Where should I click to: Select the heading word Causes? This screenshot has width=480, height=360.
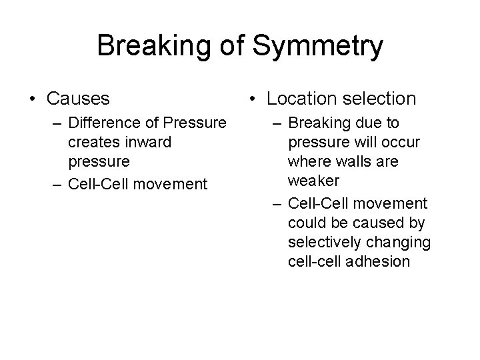pyautogui.click(x=78, y=99)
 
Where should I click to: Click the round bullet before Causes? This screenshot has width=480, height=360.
pyautogui.click(x=32, y=99)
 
